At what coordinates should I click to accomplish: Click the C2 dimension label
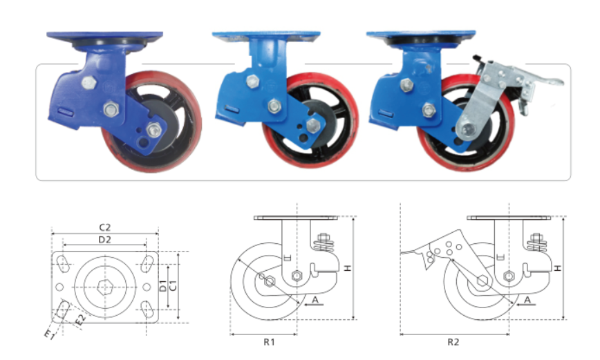pos(105,227)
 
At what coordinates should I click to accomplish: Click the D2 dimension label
pos(105,240)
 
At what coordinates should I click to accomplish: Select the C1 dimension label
pos(173,285)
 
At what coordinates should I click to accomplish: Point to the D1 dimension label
pos(163,285)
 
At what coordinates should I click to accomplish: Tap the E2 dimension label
pos(80,320)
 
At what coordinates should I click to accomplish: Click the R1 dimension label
pos(269,341)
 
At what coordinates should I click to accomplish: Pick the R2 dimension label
pos(453,341)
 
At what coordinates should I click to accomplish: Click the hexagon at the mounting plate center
pos(104,287)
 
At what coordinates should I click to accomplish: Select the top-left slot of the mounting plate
pos(63,264)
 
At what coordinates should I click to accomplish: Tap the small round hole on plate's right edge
pos(147,287)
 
